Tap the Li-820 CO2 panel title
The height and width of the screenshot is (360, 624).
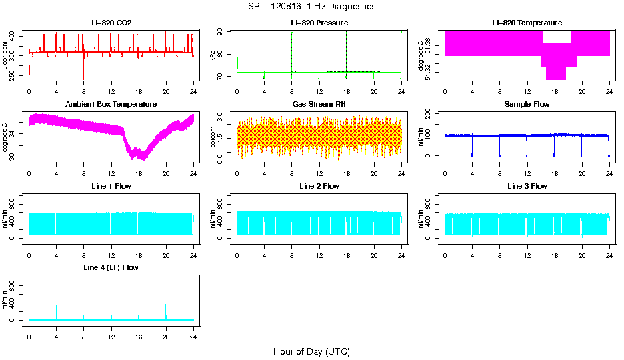coord(111,23)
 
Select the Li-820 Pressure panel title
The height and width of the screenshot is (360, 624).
coord(319,23)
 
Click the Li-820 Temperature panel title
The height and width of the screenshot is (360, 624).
coord(527,23)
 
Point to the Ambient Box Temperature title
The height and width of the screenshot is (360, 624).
coord(111,105)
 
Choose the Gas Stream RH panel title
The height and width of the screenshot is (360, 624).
coord(319,105)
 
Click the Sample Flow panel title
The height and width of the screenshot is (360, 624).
coord(527,105)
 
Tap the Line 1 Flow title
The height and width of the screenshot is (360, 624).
coord(111,186)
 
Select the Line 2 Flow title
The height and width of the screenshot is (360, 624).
coord(319,186)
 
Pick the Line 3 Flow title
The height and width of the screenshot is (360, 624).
coord(527,186)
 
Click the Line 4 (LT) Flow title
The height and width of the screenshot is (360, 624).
coord(111,267)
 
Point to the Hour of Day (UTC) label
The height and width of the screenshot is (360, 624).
coord(311,351)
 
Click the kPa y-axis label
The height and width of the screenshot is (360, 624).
coord(213,56)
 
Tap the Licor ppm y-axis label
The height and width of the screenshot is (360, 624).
coord(5,56)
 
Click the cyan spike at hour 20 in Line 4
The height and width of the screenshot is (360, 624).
coord(166,311)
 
